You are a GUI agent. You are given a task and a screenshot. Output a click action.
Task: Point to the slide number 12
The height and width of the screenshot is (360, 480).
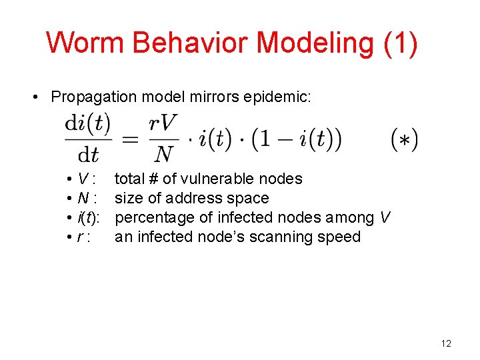446,343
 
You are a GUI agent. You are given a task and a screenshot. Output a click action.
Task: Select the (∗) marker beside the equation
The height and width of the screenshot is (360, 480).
404,140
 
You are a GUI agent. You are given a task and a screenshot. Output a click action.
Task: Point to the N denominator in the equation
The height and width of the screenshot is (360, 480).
163,155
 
